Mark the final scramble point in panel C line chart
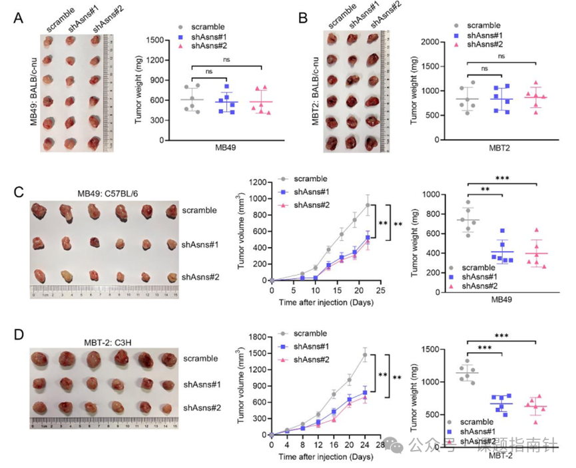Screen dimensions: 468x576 pyautogui.click(x=368, y=204)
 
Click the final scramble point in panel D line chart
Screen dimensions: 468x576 pyautogui.click(x=365, y=355)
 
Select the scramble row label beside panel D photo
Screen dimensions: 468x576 pyautogui.click(x=200, y=358)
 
